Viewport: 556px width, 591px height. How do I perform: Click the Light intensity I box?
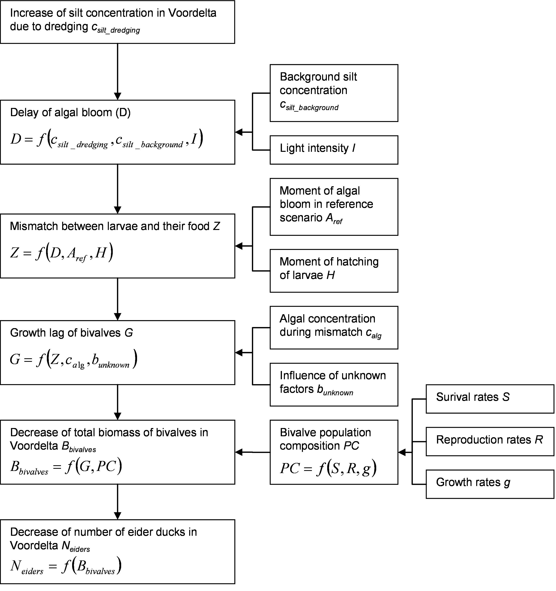334,150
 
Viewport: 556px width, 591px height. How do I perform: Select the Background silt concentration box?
334,93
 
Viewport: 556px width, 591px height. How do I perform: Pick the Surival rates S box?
490,399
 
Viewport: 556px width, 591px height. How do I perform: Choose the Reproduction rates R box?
490,442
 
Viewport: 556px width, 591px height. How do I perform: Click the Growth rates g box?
490,484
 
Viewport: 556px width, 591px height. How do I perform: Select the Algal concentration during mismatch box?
334,328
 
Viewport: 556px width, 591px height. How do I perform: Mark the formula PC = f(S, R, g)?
328,468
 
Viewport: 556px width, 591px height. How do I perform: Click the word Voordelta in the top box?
192,13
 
